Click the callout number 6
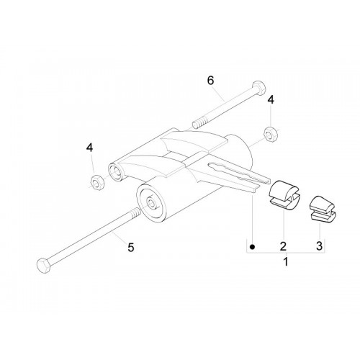(x=210, y=81)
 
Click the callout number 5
(x=131, y=248)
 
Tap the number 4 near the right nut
(x=271, y=100)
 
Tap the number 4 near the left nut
(x=89, y=148)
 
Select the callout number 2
(x=283, y=246)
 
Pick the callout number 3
(x=319, y=246)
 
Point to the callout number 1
(x=286, y=261)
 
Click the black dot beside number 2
(x=252, y=247)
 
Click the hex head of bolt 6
(x=259, y=88)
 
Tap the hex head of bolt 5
(x=43, y=266)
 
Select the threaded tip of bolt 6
(x=199, y=125)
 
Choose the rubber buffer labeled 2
(x=284, y=195)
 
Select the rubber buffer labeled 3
(x=322, y=208)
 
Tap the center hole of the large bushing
(x=151, y=202)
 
